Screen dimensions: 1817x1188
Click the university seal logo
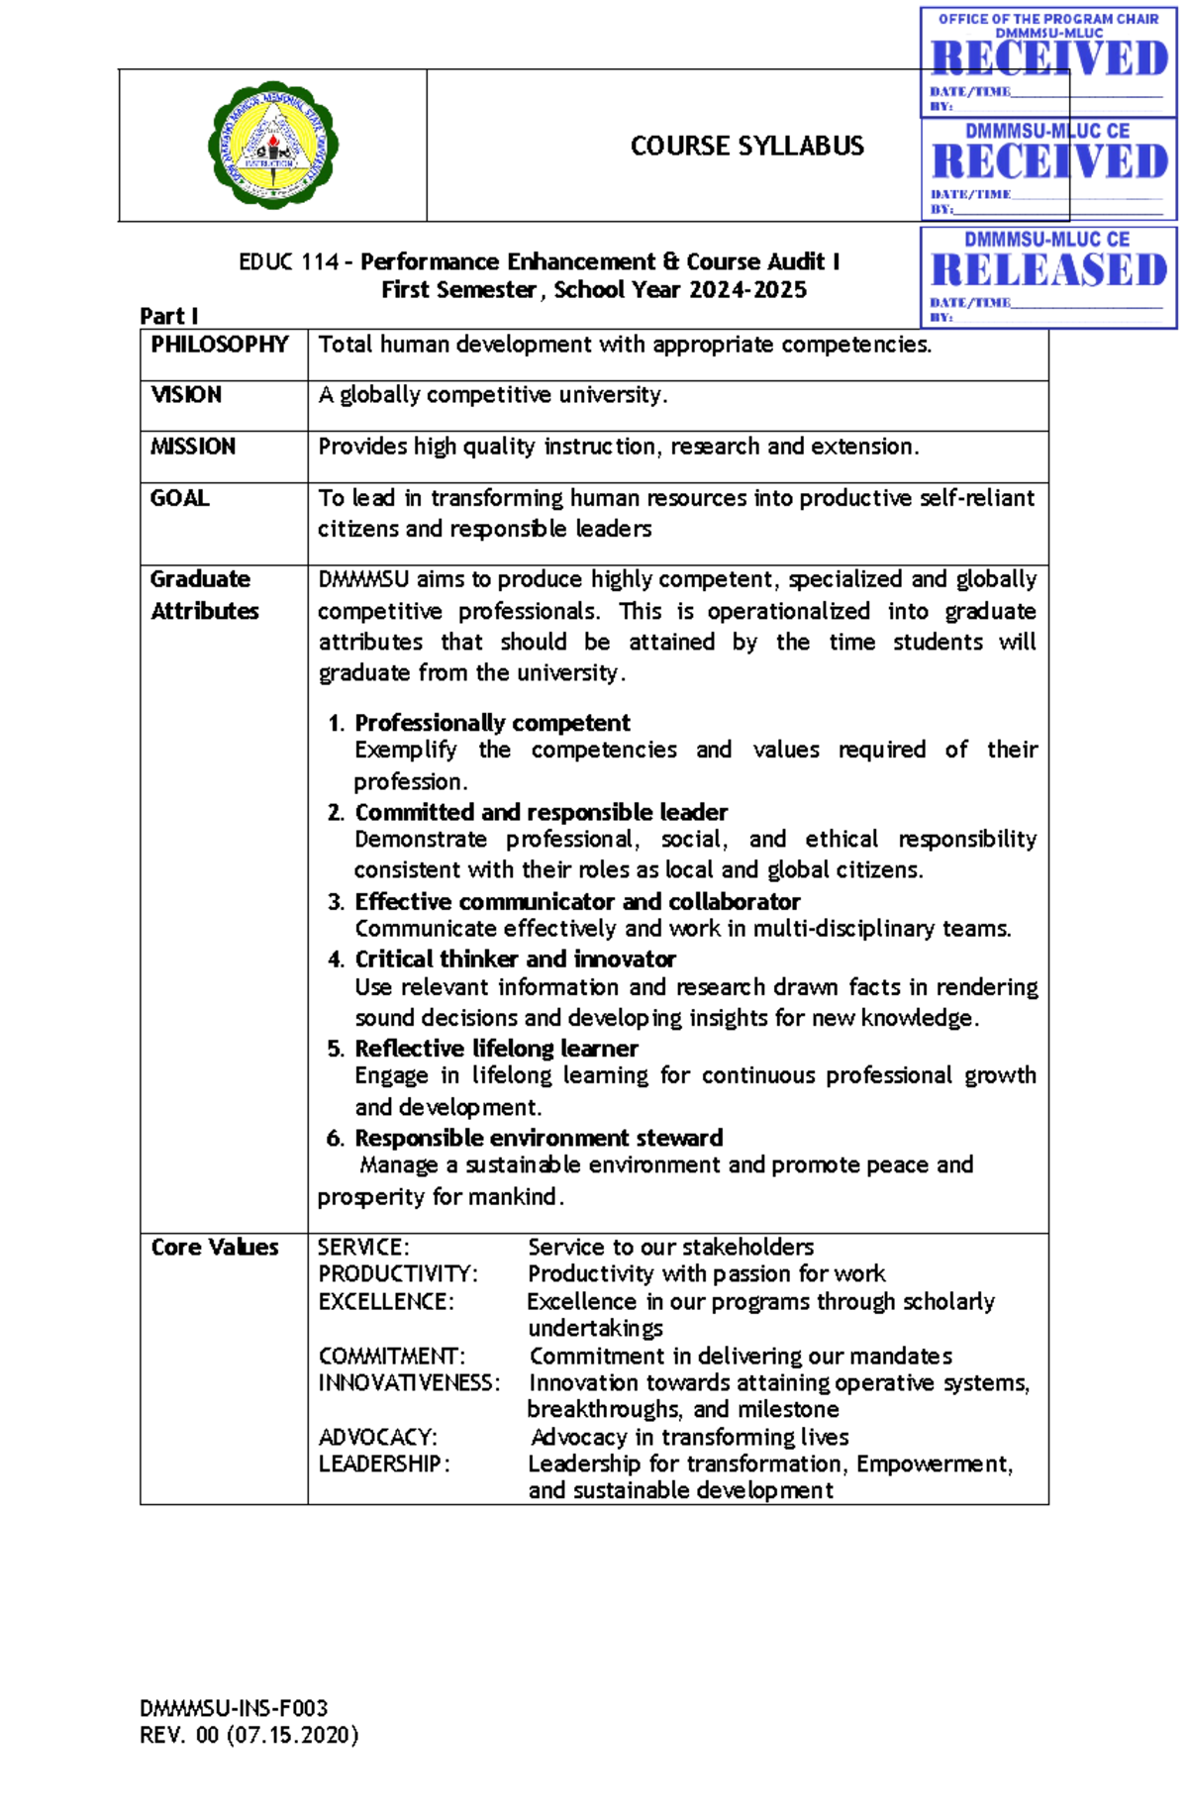click(x=272, y=146)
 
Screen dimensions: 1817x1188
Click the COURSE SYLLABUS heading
click(x=746, y=146)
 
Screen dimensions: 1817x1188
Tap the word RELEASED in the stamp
click(x=1049, y=269)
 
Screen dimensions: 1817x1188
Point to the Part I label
click(x=168, y=316)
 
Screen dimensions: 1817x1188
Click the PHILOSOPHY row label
click(x=219, y=345)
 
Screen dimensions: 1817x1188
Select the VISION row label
click(x=186, y=395)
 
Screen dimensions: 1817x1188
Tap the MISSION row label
click(x=193, y=447)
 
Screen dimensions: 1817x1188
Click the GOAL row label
click(x=179, y=498)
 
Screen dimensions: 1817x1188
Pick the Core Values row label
click(x=214, y=1247)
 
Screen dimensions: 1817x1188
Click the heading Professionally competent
click(x=492, y=723)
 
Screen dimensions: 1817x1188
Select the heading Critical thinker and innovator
click(x=515, y=959)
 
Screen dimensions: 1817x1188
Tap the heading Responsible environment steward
click(x=539, y=1138)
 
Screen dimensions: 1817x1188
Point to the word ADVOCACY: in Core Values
click(x=377, y=1437)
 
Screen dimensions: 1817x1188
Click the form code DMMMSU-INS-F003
click(x=234, y=1708)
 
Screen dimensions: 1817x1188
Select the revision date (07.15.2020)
click(x=292, y=1735)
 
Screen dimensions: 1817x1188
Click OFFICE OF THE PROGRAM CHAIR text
click(x=1047, y=19)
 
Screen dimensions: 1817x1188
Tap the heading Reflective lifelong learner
click(x=496, y=1049)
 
